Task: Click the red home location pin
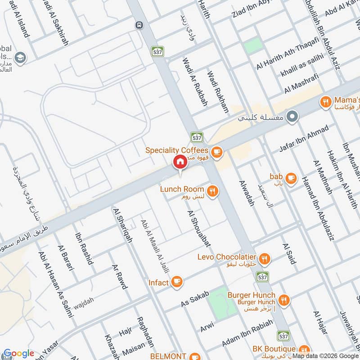click(x=180, y=162)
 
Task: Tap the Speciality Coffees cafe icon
click(x=217, y=152)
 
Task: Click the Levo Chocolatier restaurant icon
click(x=265, y=259)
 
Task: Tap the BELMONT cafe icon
click(x=194, y=356)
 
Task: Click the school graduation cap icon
click(x=20, y=58)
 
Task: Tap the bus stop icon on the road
click(x=139, y=25)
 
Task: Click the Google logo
click(x=18, y=353)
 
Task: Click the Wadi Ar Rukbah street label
click(x=195, y=81)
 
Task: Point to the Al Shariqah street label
click(x=123, y=225)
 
